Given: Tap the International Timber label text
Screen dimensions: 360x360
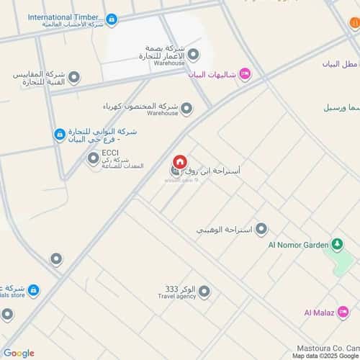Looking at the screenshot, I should coord(66,17).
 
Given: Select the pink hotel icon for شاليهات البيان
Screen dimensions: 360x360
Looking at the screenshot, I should coord(244,73).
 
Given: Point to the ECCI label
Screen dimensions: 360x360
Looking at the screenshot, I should coord(110,152).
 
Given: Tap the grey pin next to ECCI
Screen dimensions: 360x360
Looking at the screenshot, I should coord(94,158).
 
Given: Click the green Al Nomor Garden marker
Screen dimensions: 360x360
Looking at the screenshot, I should coord(336,245).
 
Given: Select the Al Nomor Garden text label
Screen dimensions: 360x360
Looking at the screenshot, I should coord(297,245).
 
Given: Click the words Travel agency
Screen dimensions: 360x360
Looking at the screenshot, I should coord(176,296).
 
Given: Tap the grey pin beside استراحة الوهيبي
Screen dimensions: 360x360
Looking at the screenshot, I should coord(261,229).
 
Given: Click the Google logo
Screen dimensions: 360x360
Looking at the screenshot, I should coord(18,353).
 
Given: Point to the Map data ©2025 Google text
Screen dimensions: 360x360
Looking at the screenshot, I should coord(325,356).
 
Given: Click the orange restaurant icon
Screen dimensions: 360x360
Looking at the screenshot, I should coord(354,24).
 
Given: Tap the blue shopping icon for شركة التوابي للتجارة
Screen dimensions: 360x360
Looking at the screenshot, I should coord(60,134).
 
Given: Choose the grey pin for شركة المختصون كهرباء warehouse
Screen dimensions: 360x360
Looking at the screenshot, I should coord(186,109).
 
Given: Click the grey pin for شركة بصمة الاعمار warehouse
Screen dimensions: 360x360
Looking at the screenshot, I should coord(193,55).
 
